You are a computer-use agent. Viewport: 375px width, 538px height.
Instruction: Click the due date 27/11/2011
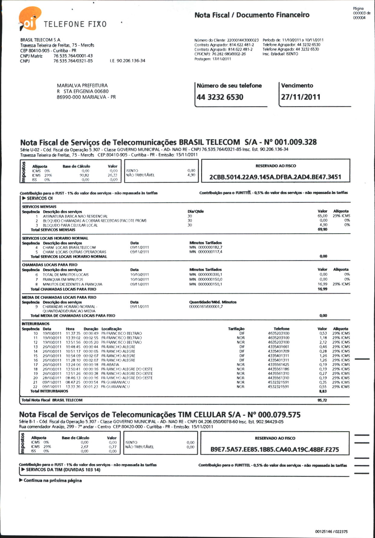tap(300, 97)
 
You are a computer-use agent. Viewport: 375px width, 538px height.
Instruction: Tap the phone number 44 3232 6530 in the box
tap(220, 97)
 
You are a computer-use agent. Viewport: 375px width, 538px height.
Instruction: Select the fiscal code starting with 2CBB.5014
tap(275, 177)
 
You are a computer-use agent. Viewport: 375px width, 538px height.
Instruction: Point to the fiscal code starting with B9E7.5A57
tap(275, 449)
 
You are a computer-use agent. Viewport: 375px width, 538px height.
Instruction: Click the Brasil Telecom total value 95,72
tap(322, 400)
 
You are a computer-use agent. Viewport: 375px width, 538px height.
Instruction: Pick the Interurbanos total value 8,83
tap(323, 391)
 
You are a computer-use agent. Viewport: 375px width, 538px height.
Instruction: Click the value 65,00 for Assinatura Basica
tap(322, 216)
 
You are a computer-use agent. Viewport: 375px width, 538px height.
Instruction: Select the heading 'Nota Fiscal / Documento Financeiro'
tap(252, 15)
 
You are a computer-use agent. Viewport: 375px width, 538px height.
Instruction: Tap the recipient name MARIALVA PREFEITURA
tap(82, 86)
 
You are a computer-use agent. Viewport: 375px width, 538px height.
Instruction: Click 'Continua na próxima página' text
tap(52, 481)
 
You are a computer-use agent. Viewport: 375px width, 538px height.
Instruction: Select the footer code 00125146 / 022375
tap(331, 531)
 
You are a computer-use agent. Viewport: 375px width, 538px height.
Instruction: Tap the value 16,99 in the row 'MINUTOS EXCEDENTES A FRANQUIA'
tap(323, 284)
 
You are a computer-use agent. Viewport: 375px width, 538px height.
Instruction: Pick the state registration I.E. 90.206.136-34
tap(128, 61)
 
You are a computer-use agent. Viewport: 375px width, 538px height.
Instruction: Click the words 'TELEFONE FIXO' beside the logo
tap(75, 24)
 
